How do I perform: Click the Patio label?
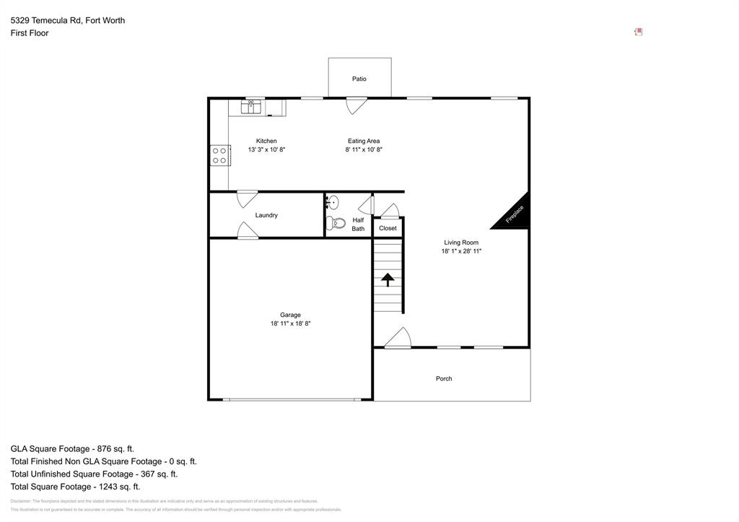click(x=359, y=79)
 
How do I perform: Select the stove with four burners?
click(x=219, y=155)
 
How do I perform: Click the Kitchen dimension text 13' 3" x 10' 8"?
click(x=266, y=150)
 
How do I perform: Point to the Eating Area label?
click(x=364, y=141)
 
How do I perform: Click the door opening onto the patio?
click(x=356, y=105)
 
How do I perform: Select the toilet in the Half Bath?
click(x=336, y=223)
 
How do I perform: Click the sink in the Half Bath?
click(x=333, y=202)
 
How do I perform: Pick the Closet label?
click(x=388, y=228)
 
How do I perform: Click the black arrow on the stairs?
click(x=388, y=279)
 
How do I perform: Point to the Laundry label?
click(x=266, y=215)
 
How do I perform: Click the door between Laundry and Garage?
click(x=248, y=230)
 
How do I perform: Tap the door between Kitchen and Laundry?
click(x=247, y=197)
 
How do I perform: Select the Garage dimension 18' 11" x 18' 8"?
click(x=291, y=324)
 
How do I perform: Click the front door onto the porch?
click(x=397, y=339)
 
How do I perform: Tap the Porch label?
click(x=444, y=378)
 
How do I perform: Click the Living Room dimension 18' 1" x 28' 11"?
click(x=461, y=251)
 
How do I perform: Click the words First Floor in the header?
click(x=30, y=33)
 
